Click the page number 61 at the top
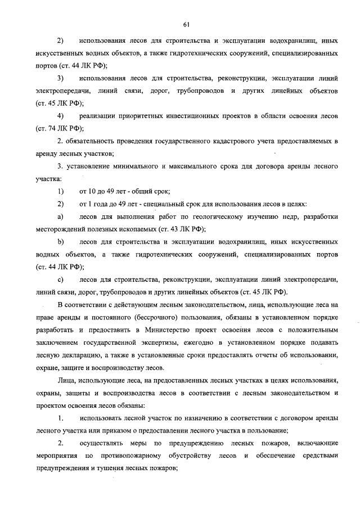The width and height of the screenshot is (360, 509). (186, 23)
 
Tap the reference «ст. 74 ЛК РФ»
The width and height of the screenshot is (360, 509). (57, 128)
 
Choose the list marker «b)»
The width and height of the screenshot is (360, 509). (60, 242)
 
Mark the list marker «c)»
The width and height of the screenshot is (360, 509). (60, 280)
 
